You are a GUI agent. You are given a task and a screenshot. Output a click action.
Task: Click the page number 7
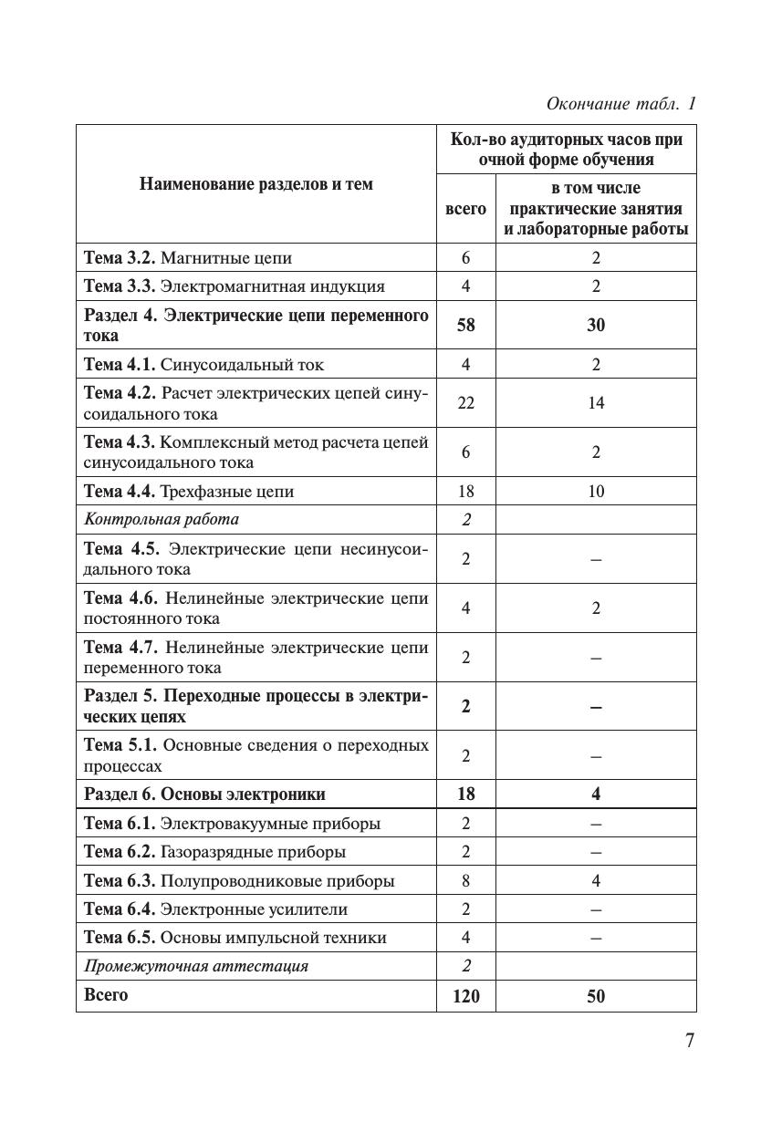(690, 1041)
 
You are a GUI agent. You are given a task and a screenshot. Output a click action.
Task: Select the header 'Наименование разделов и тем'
(256, 184)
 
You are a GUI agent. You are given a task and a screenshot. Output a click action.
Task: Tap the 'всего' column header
(465, 209)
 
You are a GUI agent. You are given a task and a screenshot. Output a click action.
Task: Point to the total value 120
(465, 996)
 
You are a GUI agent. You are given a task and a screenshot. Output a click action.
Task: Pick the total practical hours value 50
(596, 996)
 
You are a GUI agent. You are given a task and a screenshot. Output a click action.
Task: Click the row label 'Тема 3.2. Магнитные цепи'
(188, 258)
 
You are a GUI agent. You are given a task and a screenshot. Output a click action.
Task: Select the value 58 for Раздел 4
(465, 325)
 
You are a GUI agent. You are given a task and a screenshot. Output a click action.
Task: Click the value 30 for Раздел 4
(596, 325)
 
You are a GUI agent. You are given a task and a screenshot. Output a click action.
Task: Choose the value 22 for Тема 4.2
(465, 403)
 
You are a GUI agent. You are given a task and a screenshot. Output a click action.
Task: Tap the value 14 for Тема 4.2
(596, 403)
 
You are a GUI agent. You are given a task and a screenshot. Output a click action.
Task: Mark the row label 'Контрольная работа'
(162, 519)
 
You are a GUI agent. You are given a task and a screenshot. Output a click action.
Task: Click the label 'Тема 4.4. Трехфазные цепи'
(189, 492)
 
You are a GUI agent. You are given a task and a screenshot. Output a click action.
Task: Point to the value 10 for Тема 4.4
(596, 492)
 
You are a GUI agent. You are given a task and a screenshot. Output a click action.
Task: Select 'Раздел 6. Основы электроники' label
(204, 794)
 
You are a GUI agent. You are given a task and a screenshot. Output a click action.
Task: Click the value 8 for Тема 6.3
(465, 881)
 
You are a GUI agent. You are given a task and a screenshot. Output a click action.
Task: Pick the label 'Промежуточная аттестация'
(196, 966)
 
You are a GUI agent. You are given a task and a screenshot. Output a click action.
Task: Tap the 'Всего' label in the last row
(106, 995)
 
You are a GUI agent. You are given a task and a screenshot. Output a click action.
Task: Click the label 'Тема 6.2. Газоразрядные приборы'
(214, 852)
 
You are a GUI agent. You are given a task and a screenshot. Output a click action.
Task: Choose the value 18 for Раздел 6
(465, 794)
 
